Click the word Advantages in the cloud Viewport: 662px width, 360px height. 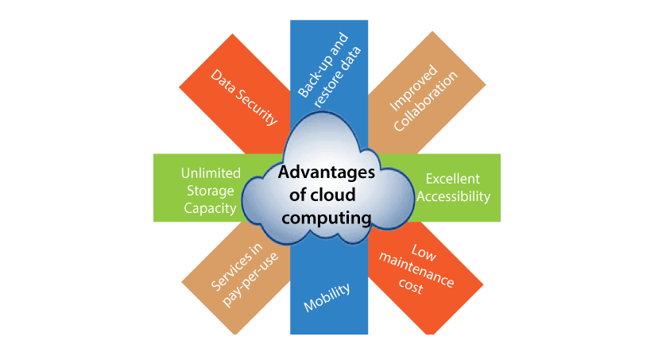click(327, 172)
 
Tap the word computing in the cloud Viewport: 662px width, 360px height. click(327, 219)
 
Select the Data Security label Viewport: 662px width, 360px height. click(245, 98)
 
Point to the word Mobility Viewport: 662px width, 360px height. click(327, 297)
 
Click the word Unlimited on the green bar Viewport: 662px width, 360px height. click(211, 173)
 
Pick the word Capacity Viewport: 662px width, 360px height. click(210, 208)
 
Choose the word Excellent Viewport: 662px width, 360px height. click(453, 179)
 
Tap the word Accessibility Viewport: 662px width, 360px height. click(454, 196)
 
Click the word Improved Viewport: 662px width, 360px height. click(413, 87)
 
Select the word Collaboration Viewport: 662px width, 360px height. click(426, 101)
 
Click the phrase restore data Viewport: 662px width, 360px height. click(338, 77)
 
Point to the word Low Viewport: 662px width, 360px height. click(424, 253)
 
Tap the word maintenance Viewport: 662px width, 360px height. click(416, 270)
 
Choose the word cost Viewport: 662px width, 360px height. click(411, 286)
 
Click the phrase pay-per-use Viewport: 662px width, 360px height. click(250, 280)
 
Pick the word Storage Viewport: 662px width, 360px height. click(211, 191)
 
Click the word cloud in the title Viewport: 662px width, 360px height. click(334, 195)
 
